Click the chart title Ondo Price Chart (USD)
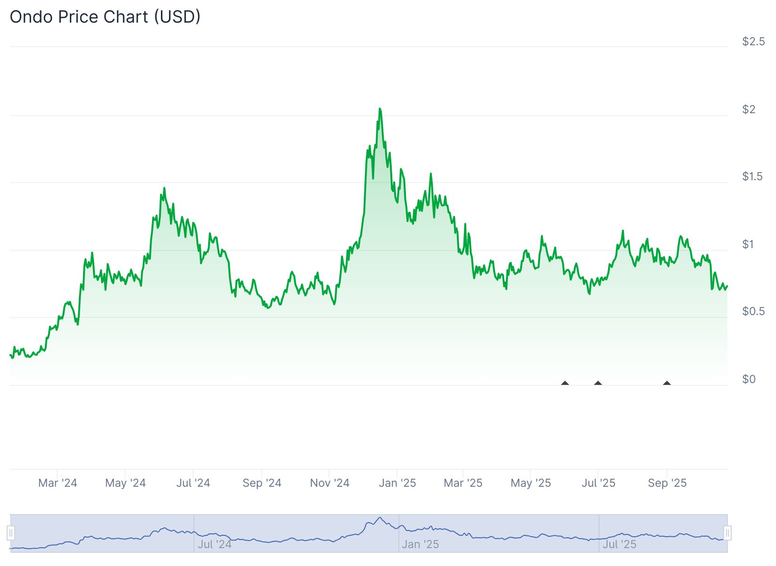(105, 17)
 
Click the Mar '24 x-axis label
(58, 483)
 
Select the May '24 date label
(125, 483)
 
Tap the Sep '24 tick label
(262, 483)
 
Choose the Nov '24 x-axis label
(329, 483)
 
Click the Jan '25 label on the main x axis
(397, 483)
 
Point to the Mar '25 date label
(463, 483)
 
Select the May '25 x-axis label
(531, 483)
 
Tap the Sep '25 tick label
(667, 483)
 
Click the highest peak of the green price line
(380, 109)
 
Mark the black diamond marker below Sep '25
(667, 383)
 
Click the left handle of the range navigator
(11, 533)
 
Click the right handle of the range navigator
(727, 533)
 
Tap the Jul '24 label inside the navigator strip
(214, 544)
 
